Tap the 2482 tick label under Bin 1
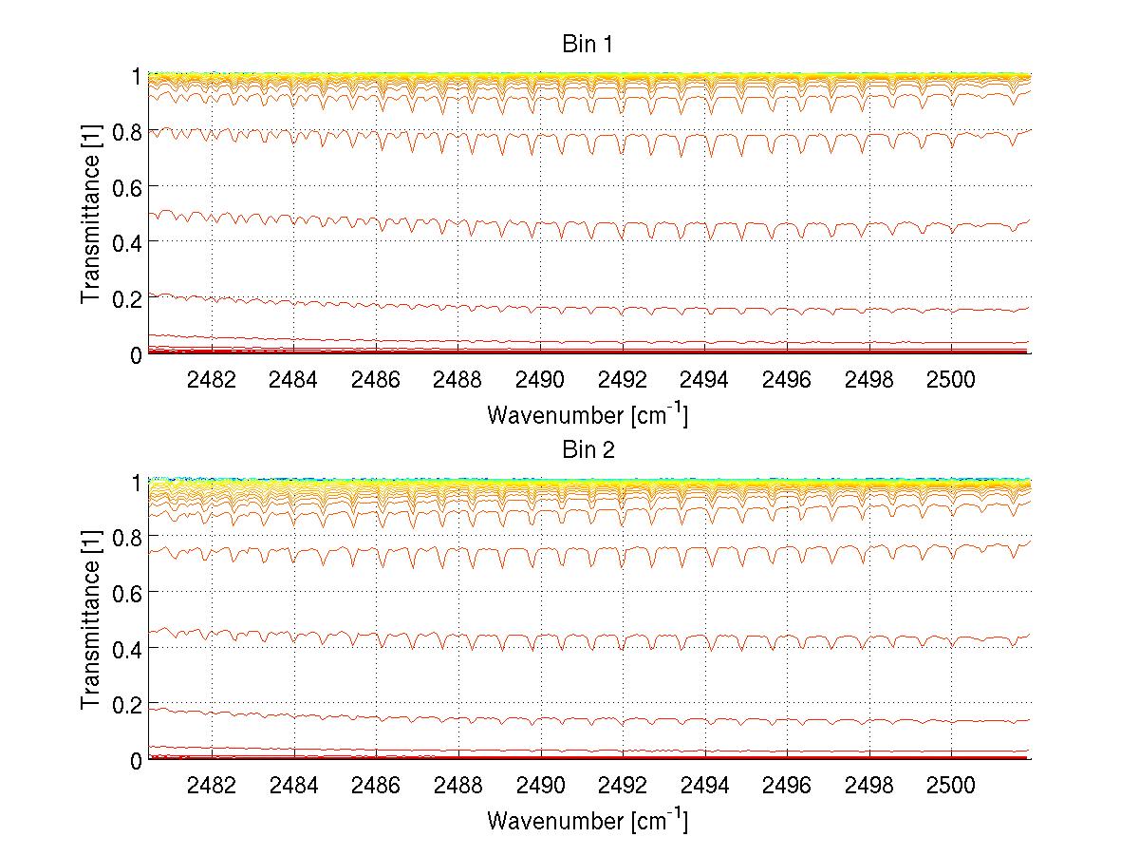212,379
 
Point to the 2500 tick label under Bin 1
950,379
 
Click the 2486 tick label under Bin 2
376,785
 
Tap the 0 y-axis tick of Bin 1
137,354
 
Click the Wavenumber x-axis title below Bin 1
587,414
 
